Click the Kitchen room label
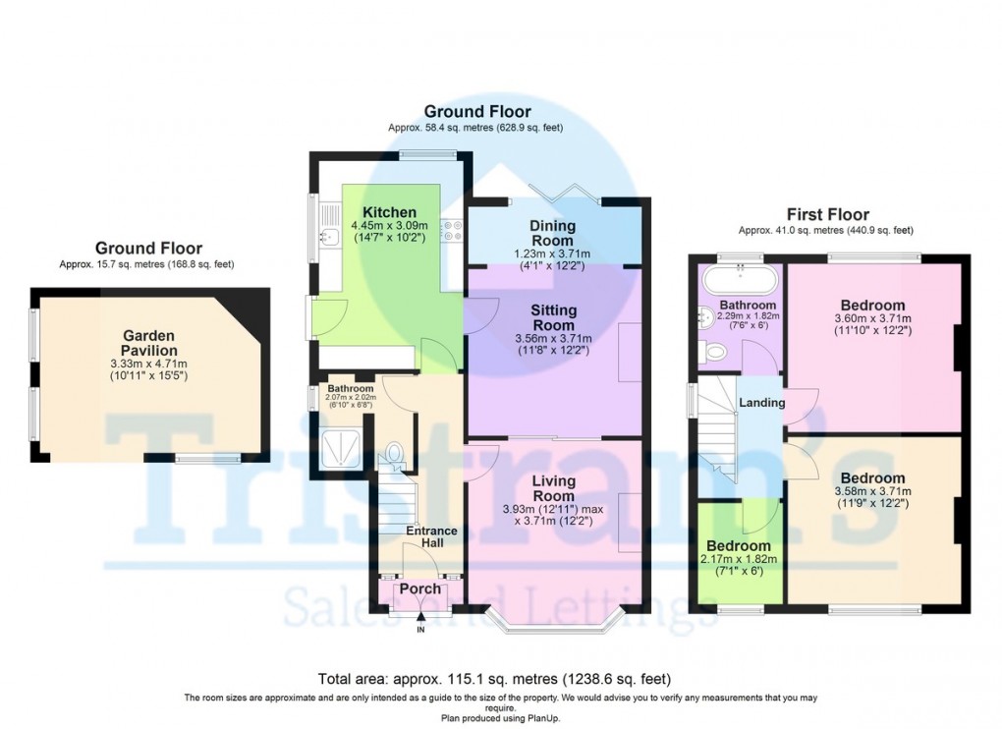[389, 213]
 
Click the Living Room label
[553, 488]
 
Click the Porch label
[419, 589]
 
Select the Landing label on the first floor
[761, 403]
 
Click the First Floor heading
[827, 214]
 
